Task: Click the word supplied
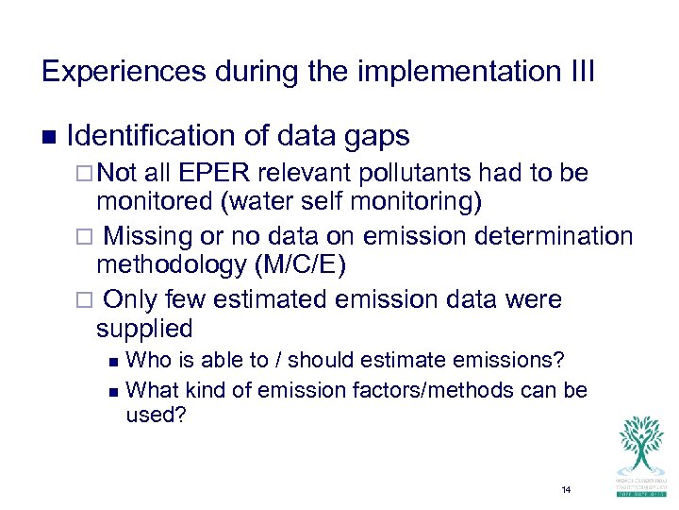[x=144, y=329]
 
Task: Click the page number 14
[x=566, y=490]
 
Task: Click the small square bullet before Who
[x=114, y=361]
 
